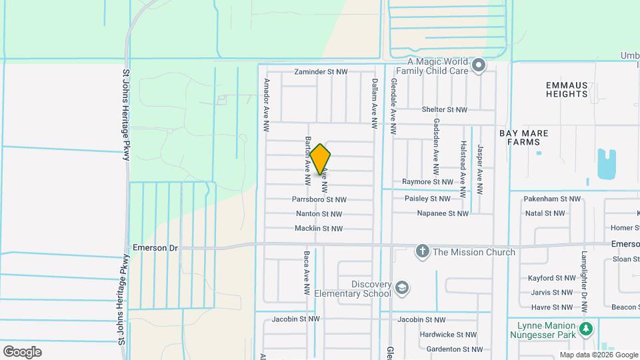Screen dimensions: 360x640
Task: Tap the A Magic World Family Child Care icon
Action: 479,65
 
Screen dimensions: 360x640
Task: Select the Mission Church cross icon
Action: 421,252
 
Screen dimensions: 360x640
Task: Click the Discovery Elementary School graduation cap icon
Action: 402,288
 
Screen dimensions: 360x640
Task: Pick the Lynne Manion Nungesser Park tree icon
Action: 586,329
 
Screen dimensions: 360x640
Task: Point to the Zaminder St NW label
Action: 323,72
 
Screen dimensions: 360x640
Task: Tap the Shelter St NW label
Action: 445,109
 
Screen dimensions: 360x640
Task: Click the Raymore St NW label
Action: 427,181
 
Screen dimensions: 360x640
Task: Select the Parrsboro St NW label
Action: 319,199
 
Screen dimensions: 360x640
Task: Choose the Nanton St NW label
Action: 319,214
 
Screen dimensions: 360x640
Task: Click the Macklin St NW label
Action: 319,229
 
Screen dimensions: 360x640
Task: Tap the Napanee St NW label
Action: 443,213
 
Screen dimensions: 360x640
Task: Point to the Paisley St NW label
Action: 427,199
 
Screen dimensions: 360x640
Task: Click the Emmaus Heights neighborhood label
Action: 567,89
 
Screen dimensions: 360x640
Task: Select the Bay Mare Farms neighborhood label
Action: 523,137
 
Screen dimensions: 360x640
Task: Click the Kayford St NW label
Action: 553,278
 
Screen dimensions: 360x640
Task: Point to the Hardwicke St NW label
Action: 448,335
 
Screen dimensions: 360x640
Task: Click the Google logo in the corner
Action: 22,351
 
